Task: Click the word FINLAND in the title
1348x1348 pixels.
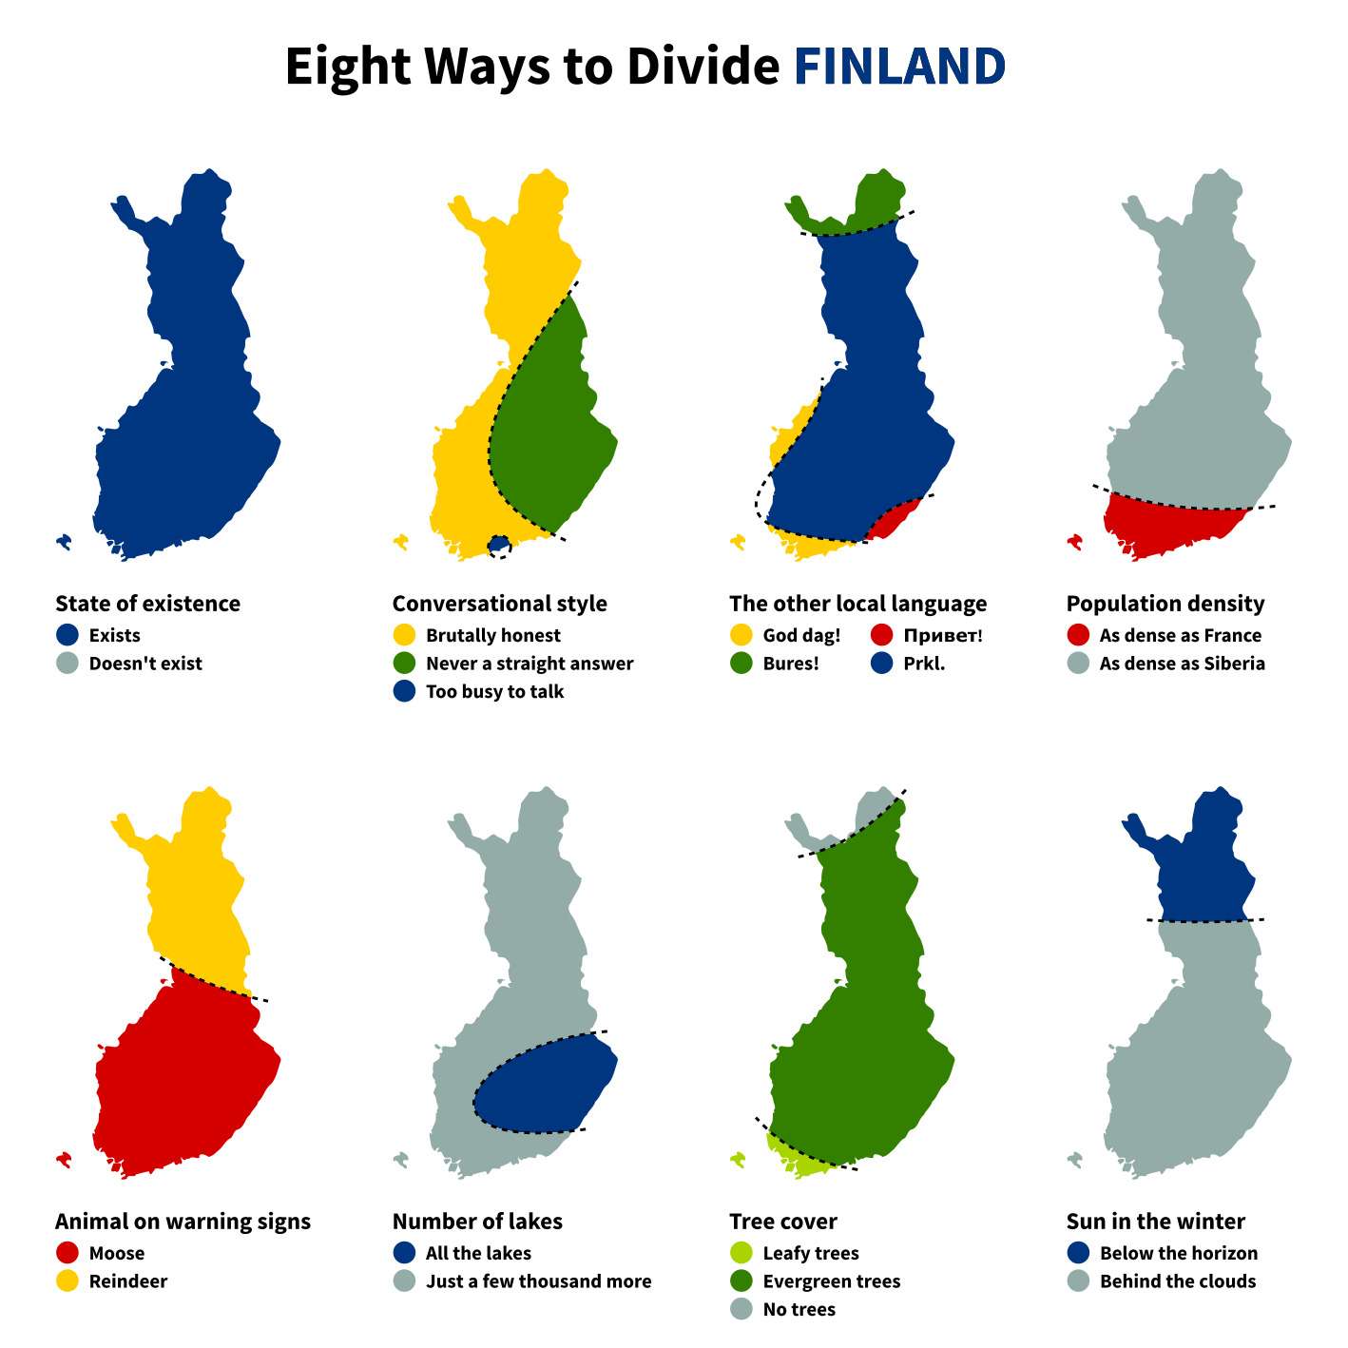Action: (898, 67)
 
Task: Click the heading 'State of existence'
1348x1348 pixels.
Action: (147, 604)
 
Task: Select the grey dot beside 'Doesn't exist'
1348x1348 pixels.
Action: (67, 664)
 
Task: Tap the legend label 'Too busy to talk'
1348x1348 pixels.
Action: (494, 691)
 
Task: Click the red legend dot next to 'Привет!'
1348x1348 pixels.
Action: (881, 635)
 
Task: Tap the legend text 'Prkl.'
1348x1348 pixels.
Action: (924, 664)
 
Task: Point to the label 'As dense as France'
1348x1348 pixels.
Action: (1180, 635)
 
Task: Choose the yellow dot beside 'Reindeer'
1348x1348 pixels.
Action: (67, 1281)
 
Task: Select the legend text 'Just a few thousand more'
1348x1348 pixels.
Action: (538, 1281)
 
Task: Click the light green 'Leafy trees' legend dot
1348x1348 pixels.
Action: (741, 1253)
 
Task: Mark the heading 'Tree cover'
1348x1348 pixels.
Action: (782, 1222)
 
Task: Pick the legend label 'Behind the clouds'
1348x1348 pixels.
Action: (1177, 1281)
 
